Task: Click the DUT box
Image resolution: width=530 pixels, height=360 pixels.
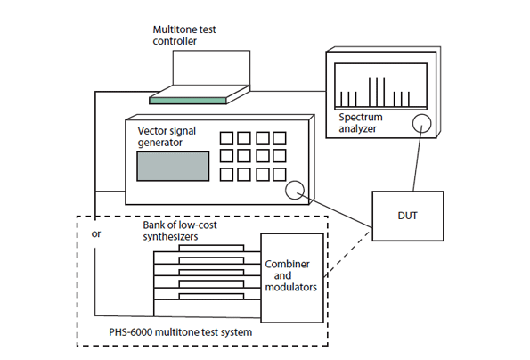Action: point(408,216)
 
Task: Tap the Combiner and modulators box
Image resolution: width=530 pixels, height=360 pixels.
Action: point(292,278)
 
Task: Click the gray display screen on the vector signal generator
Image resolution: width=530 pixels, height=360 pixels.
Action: point(173,166)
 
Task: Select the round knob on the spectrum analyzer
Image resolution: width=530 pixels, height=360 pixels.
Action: point(421,123)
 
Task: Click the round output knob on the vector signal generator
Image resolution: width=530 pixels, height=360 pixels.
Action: point(295,190)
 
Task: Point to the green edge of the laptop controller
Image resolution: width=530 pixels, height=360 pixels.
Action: point(188,101)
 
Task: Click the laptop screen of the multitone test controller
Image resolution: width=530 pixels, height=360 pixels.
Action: point(211,68)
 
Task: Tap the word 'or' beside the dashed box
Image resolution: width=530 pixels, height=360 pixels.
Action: point(96,234)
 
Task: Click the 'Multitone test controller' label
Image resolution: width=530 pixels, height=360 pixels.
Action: point(184,35)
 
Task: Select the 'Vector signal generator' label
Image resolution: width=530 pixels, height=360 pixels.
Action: point(167,136)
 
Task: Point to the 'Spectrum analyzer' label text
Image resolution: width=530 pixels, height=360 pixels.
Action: point(361,123)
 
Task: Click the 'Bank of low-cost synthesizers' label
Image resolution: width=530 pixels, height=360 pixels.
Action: point(180,231)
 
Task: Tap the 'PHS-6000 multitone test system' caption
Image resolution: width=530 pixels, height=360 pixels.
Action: point(181,332)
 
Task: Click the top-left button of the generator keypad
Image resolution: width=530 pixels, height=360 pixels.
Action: point(226,138)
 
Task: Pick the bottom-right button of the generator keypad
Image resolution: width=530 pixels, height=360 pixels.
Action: point(280,175)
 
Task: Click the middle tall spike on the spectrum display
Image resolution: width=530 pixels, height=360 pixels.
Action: point(377,92)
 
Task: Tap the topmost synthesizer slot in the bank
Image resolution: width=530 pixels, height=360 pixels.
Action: point(211,249)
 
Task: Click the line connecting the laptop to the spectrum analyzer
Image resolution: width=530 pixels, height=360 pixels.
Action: point(289,91)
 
